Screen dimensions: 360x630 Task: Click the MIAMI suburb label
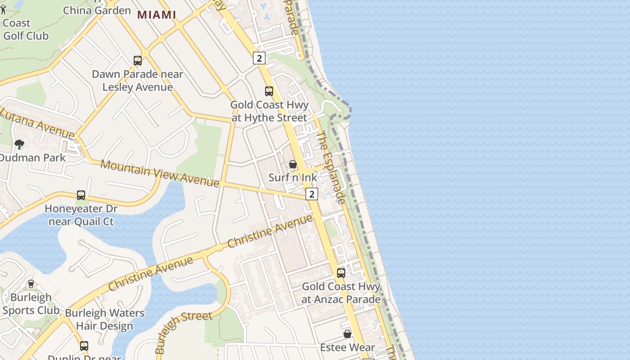click(x=156, y=15)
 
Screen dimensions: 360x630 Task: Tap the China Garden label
click(x=97, y=10)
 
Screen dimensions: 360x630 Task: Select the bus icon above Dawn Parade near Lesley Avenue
click(x=138, y=60)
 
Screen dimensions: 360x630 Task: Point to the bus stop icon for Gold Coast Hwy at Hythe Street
click(x=269, y=91)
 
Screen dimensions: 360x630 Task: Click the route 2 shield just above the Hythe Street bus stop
click(x=259, y=58)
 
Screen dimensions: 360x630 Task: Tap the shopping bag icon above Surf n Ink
click(x=293, y=164)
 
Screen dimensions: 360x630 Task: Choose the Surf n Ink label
click(x=292, y=177)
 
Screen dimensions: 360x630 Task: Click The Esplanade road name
click(x=331, y=167)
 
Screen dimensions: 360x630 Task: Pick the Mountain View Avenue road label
click(x=160, y=173)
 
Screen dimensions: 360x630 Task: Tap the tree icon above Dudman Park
click(x=19, y=144)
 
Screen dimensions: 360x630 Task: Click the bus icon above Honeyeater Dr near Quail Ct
click(x=81, y=195)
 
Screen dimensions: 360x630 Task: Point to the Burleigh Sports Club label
click(x=31, y=304)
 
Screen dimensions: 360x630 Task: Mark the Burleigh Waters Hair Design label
click(x=105, y=319)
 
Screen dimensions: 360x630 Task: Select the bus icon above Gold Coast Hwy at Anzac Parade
click(x=341, y=273)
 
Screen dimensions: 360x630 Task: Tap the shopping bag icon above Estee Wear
click(x=347, y=334)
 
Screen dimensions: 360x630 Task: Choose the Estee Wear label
click(x=347, y=347)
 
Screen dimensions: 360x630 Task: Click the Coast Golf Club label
click(x=25, y=29)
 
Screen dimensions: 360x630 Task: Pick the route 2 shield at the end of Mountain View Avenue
click(x=311, y=194)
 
